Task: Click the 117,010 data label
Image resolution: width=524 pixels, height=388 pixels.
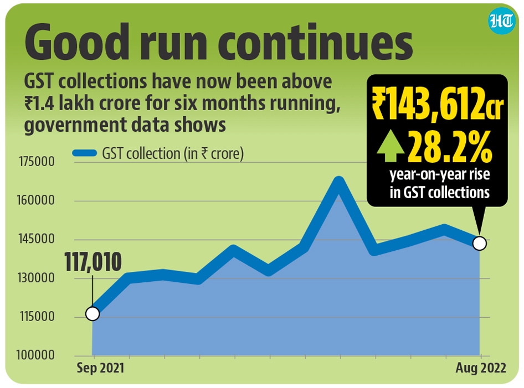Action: (x=93, y=262)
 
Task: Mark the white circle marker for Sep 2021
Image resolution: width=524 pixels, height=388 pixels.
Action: (x=93, y=314)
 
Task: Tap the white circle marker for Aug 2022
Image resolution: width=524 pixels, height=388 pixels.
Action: (x=480, y=243)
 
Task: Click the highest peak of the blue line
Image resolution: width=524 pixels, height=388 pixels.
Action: (x=340, y=182)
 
